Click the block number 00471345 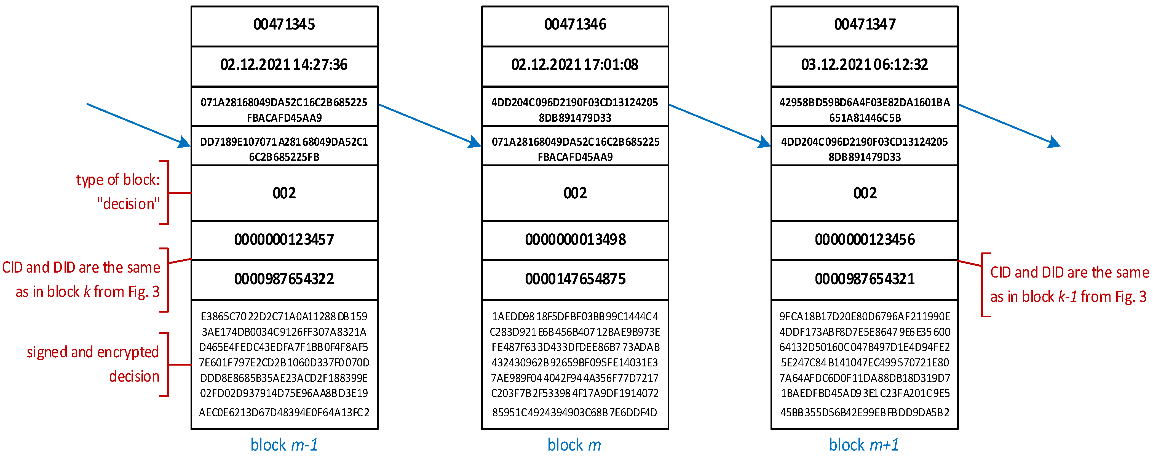(x=284, y=25)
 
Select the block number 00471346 (x=575, y=25)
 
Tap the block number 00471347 (x=865, y=25)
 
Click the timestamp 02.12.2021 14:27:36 (x=284, y=65)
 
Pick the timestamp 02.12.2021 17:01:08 (x=575, y=65)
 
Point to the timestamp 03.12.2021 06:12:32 (x=865, y=65)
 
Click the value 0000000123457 (x=284, y=239)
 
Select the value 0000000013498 (x=575, y=239)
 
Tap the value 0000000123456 (x=865, y=239)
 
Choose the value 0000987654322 (x=284, y=279)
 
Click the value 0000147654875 (x=575, y=279)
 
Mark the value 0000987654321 (x=865, y=279)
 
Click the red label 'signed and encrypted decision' (x=93, y=364)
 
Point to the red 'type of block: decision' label (x=118, y=192)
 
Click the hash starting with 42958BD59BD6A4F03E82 (x=865, y=110)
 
